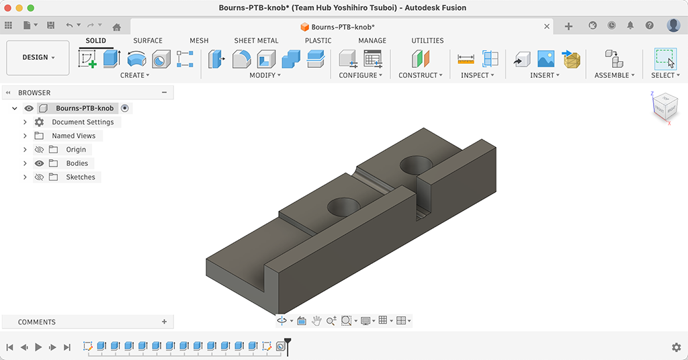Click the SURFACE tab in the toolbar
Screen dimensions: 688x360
148,40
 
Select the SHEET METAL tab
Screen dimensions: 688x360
256,40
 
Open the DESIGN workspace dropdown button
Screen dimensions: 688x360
38,58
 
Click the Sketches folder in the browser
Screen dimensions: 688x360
81,177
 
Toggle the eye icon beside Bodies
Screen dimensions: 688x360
39,163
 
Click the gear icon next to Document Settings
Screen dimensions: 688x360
40,122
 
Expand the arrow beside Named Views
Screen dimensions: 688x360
25,136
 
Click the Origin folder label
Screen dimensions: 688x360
76,150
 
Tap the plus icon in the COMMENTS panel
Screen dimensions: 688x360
164,322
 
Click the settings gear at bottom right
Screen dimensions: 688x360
676,347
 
